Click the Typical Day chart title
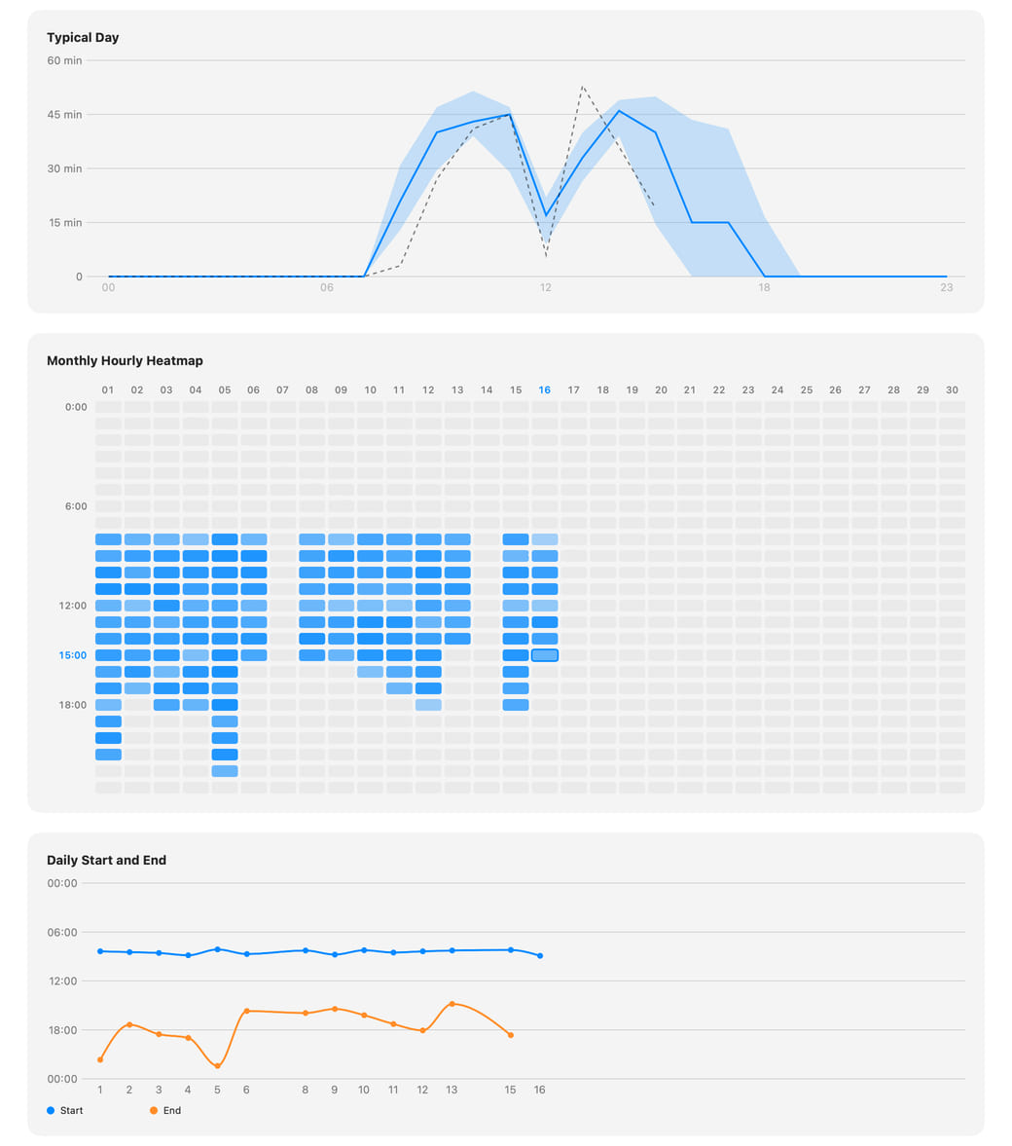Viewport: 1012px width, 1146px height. coord(83,37)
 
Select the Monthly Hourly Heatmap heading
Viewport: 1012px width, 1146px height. coord(125,360)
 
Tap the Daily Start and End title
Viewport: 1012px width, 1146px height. coord(107,861)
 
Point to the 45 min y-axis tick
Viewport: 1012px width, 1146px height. coord(64,115)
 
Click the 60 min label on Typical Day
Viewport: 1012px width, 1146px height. coord(64,60)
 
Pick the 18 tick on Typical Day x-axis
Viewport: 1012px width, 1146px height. coord(764,287)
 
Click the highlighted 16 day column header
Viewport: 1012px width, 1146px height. coord(544,389)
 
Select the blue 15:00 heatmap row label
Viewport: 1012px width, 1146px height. coord(72,655)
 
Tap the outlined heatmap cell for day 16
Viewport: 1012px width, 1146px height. coord(544,655)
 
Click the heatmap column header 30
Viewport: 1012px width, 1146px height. coord(952,389)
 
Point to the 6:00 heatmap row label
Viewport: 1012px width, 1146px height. coord(76,505)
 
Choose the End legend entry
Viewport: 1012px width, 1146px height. coord(165,1110)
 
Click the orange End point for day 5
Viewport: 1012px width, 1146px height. coord(218,1065)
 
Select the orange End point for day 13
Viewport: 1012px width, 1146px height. coord(452,1004)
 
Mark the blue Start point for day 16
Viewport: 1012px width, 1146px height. coord(540,955)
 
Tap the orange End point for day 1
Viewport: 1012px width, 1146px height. coord(100,1059)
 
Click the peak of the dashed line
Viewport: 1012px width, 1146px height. coord(582,87)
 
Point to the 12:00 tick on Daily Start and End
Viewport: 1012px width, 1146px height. coord(63,980)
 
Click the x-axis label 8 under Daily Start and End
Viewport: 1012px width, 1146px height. coord(305,1090)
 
